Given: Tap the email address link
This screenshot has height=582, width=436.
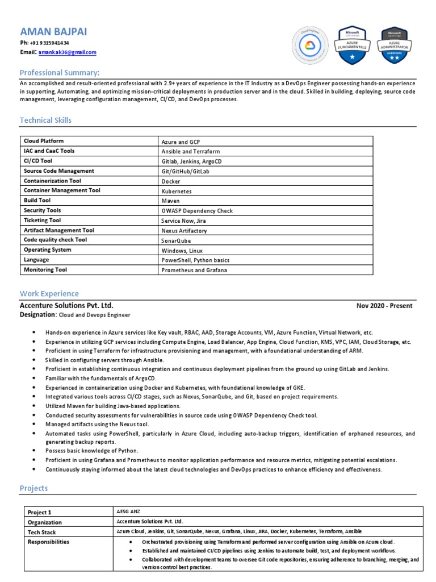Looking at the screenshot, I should tap(68, 52).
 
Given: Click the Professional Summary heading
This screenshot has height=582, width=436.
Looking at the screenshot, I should tap(60, 72).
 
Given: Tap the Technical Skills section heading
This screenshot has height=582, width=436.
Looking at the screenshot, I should tap(45, 120).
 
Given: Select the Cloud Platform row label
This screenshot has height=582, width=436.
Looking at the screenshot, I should tap(44, 141).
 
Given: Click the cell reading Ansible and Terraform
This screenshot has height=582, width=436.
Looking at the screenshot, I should tap(190, 152).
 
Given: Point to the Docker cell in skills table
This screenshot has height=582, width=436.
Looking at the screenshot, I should tap(171, 181).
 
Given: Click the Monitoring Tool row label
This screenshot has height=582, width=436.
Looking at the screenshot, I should tap(45, 270).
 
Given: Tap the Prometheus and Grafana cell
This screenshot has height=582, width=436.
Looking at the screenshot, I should tap(194, 270).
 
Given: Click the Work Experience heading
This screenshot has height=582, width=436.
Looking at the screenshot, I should tap(49, 294).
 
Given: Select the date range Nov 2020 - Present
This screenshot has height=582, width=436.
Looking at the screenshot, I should tap(384, 306).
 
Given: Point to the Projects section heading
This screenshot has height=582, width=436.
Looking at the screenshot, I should tap(34, 488).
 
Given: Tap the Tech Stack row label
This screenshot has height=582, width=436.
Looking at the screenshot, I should tap(41, 532).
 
